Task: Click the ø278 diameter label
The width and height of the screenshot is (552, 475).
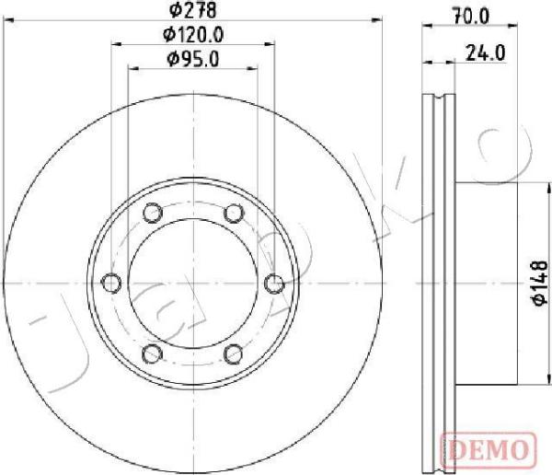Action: coord(192,10)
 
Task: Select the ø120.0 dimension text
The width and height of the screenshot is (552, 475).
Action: coord(193,35)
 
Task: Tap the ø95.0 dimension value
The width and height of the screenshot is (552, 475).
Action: coord(193,59)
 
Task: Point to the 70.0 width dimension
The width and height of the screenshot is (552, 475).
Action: coord(471,17)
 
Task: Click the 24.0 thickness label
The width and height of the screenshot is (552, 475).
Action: coord(486,52)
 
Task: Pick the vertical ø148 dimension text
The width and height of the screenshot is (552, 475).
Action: coord(539,283)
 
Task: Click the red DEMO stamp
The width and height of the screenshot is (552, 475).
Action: coord(489,449)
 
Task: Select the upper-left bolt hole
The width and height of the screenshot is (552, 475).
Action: coord(153,213)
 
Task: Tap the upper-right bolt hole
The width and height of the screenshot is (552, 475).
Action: coord(234,213)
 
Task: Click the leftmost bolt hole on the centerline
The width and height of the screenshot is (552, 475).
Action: coord(111,283)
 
